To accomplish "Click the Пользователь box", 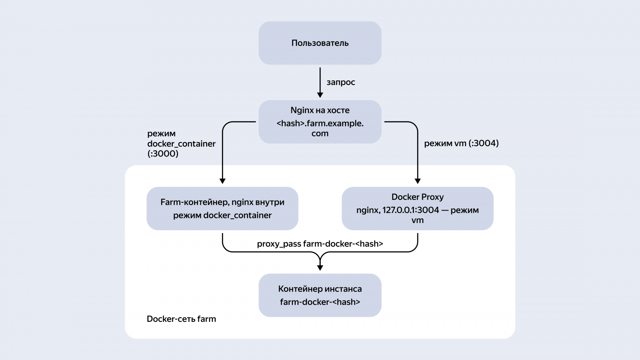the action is [x=320, y=43].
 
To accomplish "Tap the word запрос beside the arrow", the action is [x=341, y=83].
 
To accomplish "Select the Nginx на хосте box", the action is [x=320, y=122].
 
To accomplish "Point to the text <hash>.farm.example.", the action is [x=320, y=123].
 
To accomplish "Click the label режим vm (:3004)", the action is [x=461, y=143].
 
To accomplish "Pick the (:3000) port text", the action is [x=162, y=154].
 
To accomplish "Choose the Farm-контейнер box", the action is [x=222, y=209].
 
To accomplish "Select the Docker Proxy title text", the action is [x=417, y=197].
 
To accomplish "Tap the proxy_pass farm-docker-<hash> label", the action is [x=320, y=244].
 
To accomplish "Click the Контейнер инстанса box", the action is [x=320, y=295].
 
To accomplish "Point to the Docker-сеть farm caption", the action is [x=181, y=319].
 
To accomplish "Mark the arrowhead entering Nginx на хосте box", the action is [x=320, y=95].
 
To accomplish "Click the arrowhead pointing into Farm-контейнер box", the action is [x=223, y=181].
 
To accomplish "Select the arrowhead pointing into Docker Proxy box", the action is [x=417, y=181].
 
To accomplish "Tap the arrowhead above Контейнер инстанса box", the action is [x=320, y=268].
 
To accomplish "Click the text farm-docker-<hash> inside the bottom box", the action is [x=320, y=302].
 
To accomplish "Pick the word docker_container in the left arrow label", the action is [x=181, y=144].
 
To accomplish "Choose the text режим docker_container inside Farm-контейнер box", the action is [x=222, y=216].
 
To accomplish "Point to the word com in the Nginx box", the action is [x=320, y=133].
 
